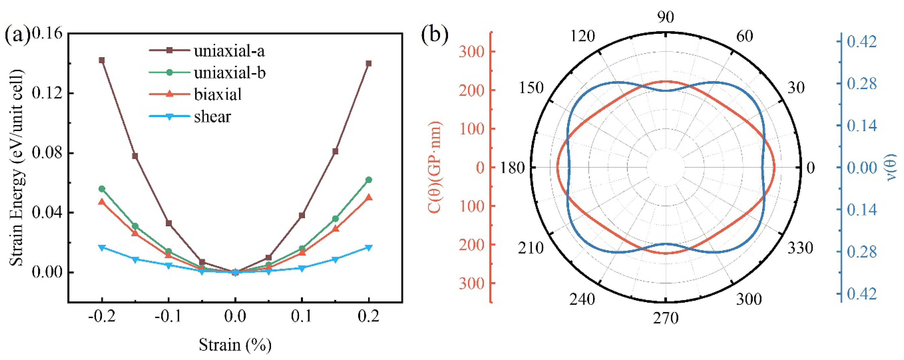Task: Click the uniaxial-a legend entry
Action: click(x=229, y=51)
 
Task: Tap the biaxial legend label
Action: click(x=218, y=95)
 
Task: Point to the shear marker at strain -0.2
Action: click(x=102, y=248)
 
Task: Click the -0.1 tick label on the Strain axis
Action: click(x=168, y=317)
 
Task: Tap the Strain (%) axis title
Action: click(x=235, y=345)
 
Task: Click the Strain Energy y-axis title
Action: click(x=16, y=168)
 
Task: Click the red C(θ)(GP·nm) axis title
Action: click(x=435, y=168)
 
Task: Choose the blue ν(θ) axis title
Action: click(x=891, y=168)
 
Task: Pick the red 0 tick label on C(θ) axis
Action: click(x=480, y=168)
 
